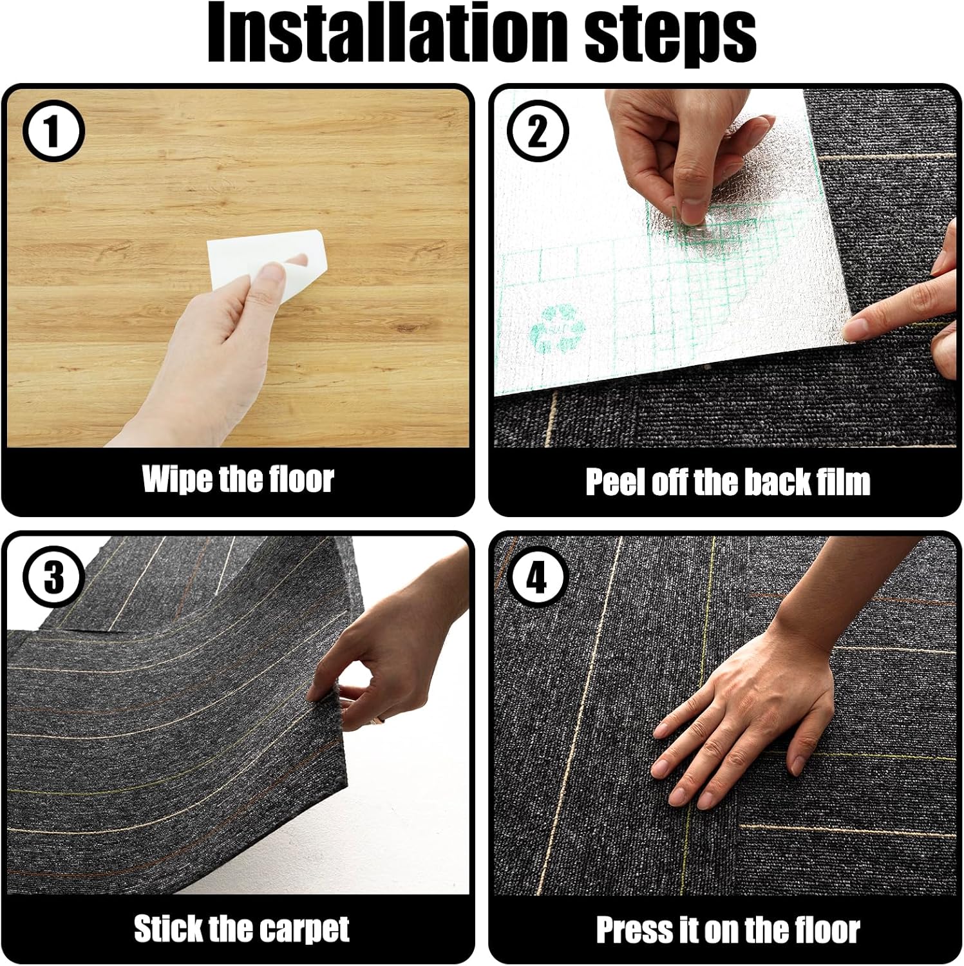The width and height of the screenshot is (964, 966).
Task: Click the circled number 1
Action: point(53,132)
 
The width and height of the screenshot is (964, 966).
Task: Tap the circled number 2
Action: point(538,132)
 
